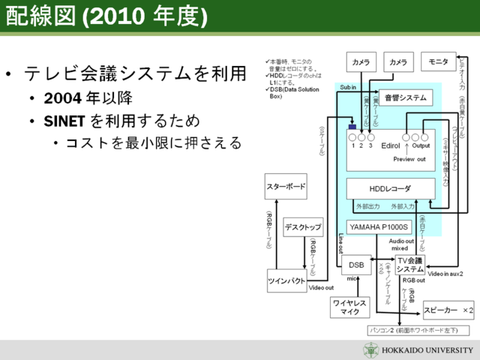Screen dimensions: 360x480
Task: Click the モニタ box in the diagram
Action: click(439, 61)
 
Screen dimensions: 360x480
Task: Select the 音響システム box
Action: click(405, 97)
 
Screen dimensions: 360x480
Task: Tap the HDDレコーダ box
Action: click(390, 188)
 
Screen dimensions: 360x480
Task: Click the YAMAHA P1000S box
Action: click(379, 226)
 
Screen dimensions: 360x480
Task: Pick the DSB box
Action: click(356, 265)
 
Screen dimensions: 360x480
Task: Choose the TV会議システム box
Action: click(410, 265)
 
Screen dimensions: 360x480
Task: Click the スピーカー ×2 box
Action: click(448, 309)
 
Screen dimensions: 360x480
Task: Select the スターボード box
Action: click(286, 185)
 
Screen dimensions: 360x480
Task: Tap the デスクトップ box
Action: click(303, 226)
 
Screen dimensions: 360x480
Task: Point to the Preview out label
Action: click(409, 159)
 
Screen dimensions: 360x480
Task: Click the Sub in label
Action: click(347, 88)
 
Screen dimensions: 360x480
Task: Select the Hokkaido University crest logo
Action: click(372, 350)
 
